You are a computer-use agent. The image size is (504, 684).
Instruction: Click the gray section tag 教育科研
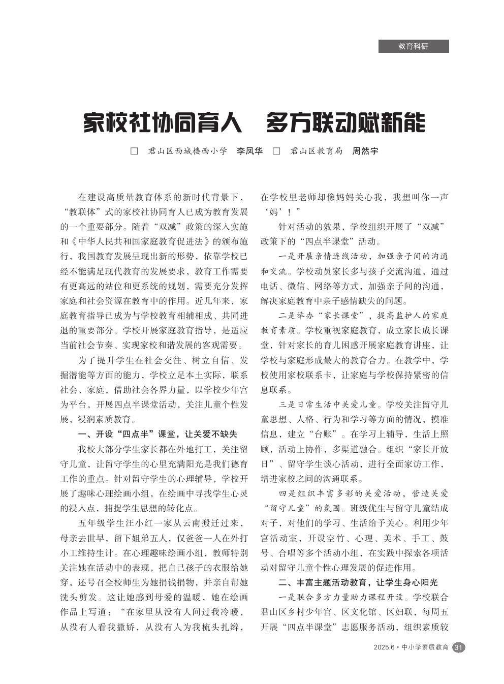(413, 46)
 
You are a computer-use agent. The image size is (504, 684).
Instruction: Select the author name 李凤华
(249, 151)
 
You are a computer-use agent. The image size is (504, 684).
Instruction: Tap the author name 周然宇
(365, 151)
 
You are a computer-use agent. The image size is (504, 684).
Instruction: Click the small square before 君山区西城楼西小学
(135, 151)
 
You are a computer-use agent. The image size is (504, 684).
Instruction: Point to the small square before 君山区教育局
(277, 151)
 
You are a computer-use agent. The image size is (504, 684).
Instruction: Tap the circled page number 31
(458, 647)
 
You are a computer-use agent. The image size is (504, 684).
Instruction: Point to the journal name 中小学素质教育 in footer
(425, 647)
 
